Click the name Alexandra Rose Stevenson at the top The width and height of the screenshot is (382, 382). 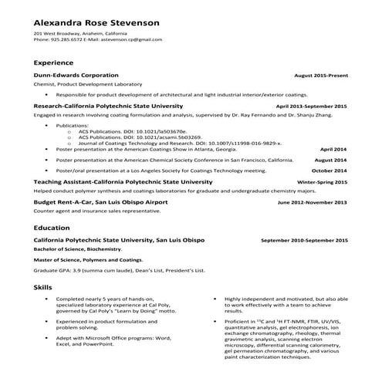click(x=96, y=22)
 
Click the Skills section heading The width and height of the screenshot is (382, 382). click(x=43, y=286)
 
